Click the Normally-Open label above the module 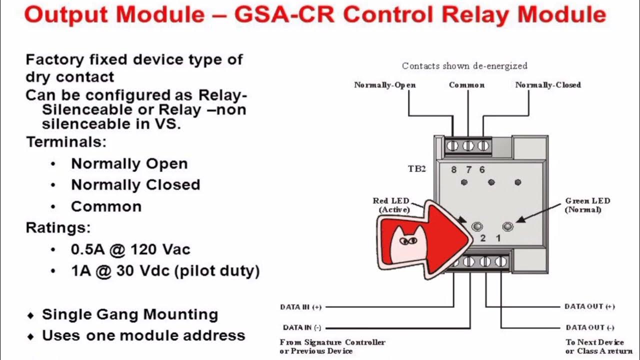[384, 85]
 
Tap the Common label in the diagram [466, 85]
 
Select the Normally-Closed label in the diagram [547, 85]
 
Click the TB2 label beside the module [416, 169]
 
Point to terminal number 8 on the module [453, 169]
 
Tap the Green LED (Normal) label [587, 205]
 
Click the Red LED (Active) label [390, 205]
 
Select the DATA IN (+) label [300, 307]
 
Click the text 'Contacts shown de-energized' [464, 66]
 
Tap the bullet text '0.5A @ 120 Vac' [130, 249]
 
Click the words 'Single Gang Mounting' [129, 314]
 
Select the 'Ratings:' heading [58, 228]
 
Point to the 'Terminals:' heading [66, 142]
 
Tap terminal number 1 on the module [498, 238]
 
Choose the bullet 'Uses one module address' [143, 335]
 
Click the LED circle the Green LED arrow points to [507, 226]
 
